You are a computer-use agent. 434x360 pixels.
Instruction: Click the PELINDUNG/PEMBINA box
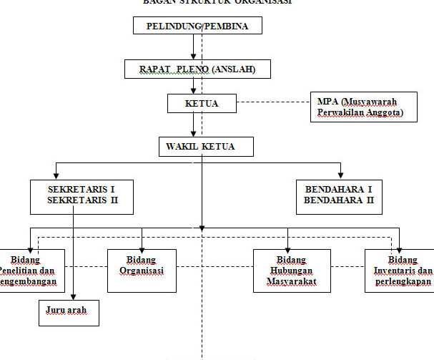tap(197, 26)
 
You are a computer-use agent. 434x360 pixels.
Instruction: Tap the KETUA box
tap(202, 104)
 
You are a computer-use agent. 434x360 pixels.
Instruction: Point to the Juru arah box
tap(69, 313)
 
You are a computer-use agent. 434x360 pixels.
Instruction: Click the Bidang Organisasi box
tap(142, 271)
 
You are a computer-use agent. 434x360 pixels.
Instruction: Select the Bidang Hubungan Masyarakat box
tap(292, 271)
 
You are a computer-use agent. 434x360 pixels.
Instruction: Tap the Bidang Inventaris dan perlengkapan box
tap(399, 271)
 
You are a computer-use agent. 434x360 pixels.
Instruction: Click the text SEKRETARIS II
tap(83, 200)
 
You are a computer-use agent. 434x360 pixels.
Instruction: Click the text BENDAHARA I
tap(339, 188)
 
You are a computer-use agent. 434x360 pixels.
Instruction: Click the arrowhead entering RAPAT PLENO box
tap(193, 57)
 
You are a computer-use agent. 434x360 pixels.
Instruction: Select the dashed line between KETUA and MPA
tap(273, 103)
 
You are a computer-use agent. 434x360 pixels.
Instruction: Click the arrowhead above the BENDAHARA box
tap(341, 175)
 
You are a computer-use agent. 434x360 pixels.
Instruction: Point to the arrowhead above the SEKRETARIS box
tap(53, 175)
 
